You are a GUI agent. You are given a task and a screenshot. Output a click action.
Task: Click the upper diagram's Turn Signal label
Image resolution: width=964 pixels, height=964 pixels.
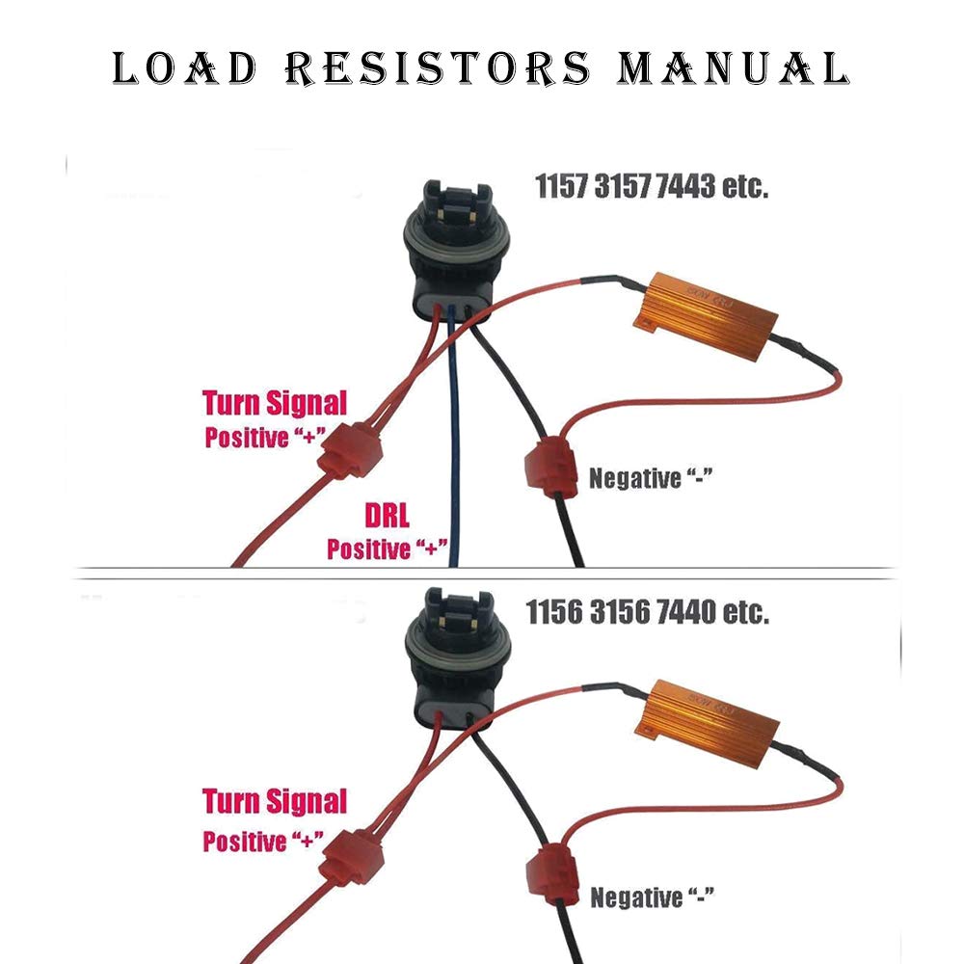275,402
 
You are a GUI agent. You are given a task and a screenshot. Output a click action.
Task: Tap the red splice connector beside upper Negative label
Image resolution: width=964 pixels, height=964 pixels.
544,469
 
